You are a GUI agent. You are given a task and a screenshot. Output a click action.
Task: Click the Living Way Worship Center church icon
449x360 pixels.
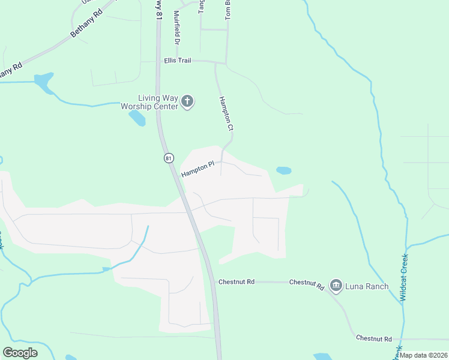[x=187, y=101]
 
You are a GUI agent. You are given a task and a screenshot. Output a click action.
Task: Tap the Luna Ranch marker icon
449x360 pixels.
[x=336, y=286]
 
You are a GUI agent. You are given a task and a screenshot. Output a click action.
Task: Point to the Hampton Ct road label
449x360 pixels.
[x=226, y=114]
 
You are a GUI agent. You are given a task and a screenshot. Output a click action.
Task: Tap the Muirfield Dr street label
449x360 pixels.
[x=176, y=28]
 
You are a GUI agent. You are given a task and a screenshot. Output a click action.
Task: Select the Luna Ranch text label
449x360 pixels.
[x=366, y=286]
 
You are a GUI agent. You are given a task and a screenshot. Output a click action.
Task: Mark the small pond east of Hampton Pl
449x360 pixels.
[x=283, y=170]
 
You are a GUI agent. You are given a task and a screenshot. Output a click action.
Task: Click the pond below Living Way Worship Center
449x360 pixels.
[x=137, y=118]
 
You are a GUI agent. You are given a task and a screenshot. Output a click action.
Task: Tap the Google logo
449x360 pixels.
[x=20, y=353]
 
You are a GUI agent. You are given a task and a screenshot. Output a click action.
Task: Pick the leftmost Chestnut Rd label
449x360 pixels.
[x=237, y=281]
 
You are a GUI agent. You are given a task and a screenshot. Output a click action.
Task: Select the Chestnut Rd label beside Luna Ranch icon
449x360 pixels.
[x=307, y=283]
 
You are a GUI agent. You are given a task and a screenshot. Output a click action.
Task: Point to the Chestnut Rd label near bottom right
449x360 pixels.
[x=373, y=338]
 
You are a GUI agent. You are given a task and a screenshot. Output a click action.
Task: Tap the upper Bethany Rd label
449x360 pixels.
[x=86, y=25]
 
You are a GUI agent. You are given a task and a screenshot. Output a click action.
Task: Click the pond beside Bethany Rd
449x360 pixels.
[x=44, y=83]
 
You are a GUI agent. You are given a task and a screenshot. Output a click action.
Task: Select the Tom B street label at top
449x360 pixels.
[x=228, y=10]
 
